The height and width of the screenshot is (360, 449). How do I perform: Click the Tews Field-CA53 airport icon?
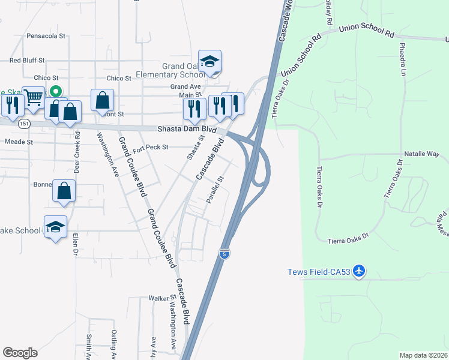click(359, 271)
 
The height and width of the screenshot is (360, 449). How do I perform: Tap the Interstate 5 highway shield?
click(224, 254)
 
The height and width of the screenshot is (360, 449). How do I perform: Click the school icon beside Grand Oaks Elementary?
click(210, 61)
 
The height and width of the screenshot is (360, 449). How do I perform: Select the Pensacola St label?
click(46, 36)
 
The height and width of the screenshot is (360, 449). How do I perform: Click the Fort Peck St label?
click(151, 146)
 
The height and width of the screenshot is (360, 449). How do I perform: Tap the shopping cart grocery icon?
click(32, 97)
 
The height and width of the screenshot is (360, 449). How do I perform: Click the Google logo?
click(20, 353)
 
